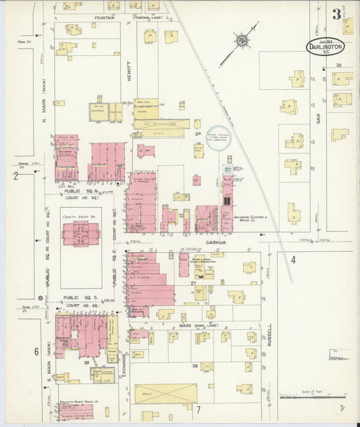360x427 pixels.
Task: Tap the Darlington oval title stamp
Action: click(x=326, y=47)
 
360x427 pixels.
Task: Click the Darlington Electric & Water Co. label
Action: click(x=251, y=218)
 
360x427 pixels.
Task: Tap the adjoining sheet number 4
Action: click(x=294, y=260)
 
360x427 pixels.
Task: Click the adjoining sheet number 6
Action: click(x=36, y=351)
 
